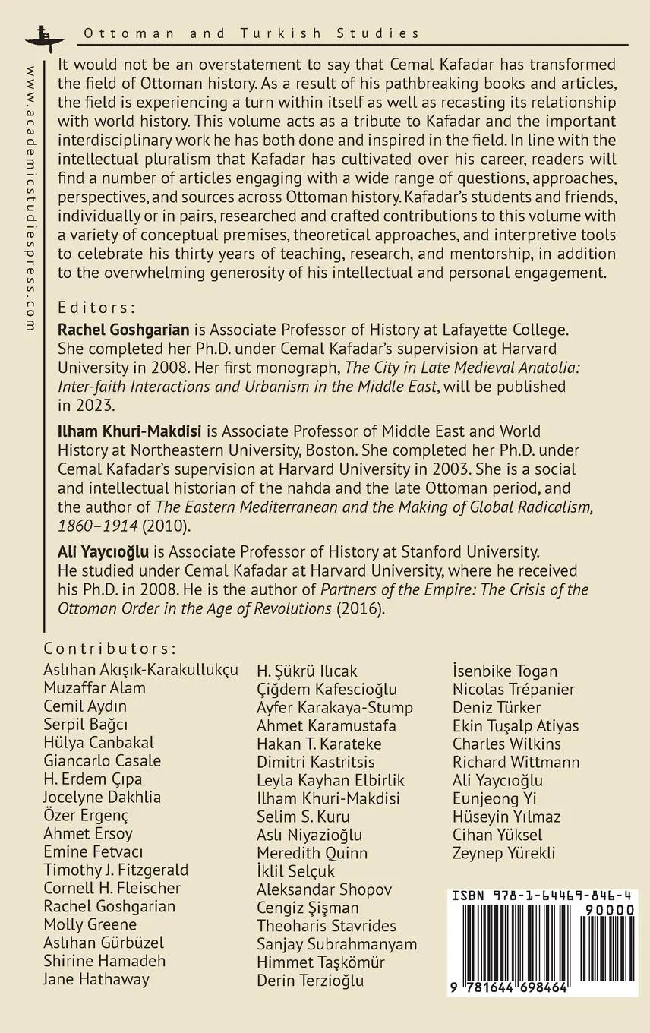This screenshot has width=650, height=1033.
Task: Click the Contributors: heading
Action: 111,649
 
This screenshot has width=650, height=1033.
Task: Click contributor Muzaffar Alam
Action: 95,688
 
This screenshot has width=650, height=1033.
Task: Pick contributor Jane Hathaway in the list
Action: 96,979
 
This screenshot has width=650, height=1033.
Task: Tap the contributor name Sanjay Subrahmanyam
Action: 336,944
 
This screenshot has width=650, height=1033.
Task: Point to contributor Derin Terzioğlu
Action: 311,981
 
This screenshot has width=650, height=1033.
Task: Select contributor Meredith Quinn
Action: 312,853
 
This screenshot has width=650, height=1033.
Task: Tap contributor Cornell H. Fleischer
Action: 112,888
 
